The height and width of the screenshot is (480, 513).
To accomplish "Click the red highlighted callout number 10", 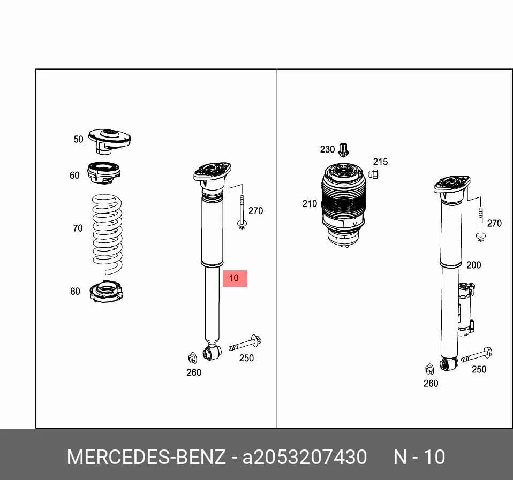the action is (235, 278).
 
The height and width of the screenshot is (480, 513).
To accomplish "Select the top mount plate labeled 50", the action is (109, 141).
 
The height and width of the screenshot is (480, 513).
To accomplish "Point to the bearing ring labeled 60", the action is (104, 172).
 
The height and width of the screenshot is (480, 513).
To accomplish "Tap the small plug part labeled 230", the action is (343, 149).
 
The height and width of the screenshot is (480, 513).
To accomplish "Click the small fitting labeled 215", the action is (373, 174).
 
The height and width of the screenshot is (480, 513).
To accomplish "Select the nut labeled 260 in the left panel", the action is (192, 358).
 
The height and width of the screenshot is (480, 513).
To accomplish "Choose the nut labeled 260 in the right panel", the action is (429, 369).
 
